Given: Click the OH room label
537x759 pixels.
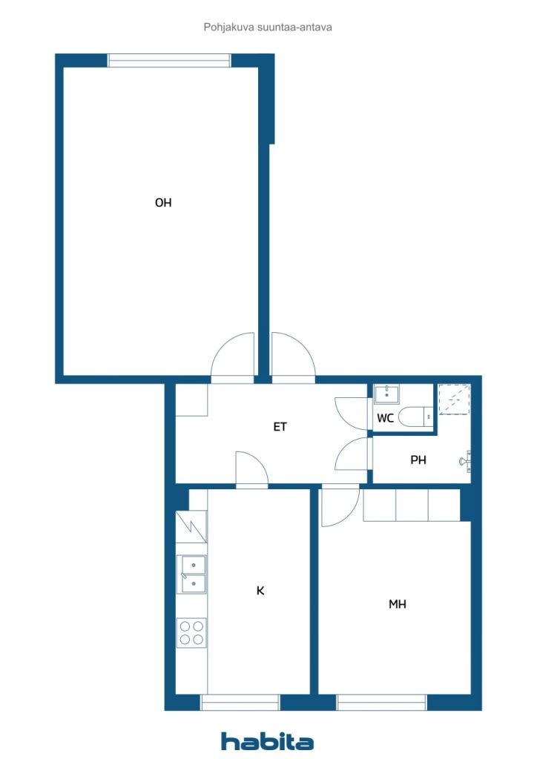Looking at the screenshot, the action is click(163, 203).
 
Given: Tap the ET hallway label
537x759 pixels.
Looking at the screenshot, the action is click(280, 426).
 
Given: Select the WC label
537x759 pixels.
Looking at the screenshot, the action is click(386, 418).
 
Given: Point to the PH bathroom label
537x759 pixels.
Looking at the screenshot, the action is click(418, 460).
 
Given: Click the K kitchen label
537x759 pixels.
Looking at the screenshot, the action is click(260, 591).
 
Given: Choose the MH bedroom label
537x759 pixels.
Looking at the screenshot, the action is click(398, 604).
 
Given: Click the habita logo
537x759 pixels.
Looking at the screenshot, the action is click(267, 741).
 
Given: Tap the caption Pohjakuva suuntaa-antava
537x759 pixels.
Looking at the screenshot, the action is click(268, 27).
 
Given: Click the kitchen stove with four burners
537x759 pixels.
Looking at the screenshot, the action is click(191, 633).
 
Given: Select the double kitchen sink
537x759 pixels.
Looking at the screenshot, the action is click(192, 574).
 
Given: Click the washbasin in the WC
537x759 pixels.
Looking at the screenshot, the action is click(386, 394).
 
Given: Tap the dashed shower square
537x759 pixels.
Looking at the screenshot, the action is click(454, 400).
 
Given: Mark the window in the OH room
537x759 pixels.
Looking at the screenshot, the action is click(169, 61).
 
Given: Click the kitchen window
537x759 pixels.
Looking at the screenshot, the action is click(240, 703).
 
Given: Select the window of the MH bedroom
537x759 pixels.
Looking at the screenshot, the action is click(381, 703).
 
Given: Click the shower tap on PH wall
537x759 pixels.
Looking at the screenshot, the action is click(466, 460).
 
